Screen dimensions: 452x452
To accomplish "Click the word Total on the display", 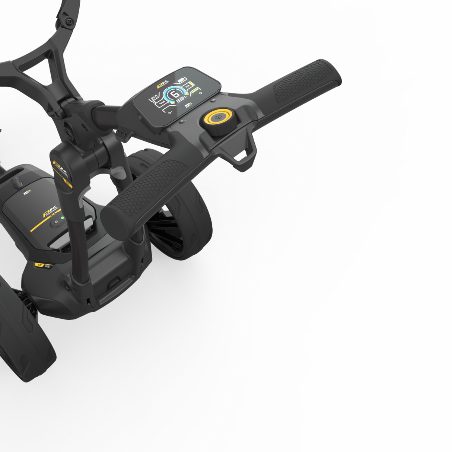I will click(x=162, y=103).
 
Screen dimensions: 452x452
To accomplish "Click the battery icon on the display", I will click(x=181, y=80).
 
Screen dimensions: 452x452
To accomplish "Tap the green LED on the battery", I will click(x=63, y=218).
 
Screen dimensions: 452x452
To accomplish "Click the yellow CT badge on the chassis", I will click(x=39, y=265).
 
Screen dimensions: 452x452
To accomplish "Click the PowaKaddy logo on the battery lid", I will click(x=50, y=211).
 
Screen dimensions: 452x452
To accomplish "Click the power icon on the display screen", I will click(x=201, y=93).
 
